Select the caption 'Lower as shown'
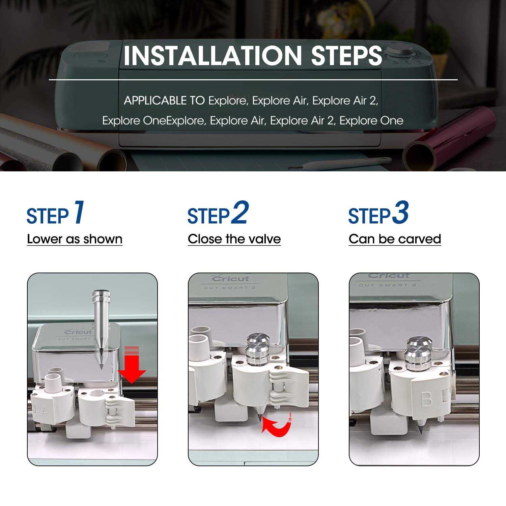click(x=75, y=239)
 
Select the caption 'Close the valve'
click(x=234, y=239)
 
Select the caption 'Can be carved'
click(x=395, y=239)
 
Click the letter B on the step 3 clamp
click(x=426, y=398)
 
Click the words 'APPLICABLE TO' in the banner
click(x=164, y=101)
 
